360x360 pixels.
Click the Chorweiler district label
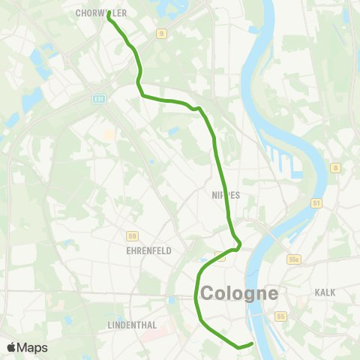pos(101,13)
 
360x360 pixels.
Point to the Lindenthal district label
pos(131,325)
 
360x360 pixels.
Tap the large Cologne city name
pos(238,293)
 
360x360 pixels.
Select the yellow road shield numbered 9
pos(160,34)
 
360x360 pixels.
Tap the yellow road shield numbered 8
pos(336,168)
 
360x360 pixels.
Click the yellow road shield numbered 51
pos(316,202)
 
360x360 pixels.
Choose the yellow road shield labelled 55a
pos(294,259)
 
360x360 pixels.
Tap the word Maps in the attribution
pos(32,347)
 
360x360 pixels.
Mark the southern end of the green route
pos(252,344)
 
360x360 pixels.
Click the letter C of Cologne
pos(207,293)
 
